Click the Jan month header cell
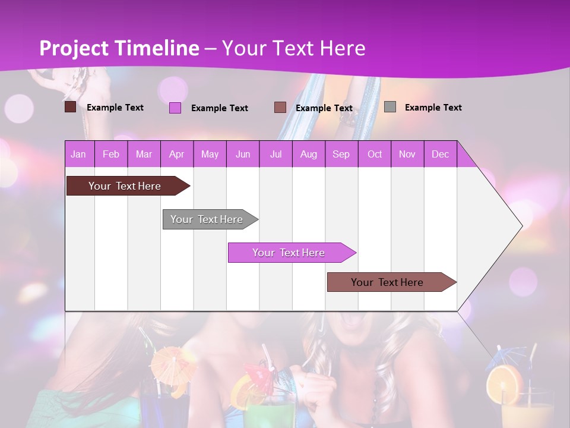point(79,154)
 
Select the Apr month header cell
point(177,154)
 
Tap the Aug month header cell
point(308,154)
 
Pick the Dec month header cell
point(440,154)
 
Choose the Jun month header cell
point(243,154)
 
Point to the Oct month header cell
point(375,154)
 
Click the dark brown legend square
point(70,107)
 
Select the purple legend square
point(175,108)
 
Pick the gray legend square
point(390,107)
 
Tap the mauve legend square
point(280,108)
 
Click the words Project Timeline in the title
point(119,48)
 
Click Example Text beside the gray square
point(433,108)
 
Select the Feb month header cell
point(111,154)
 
